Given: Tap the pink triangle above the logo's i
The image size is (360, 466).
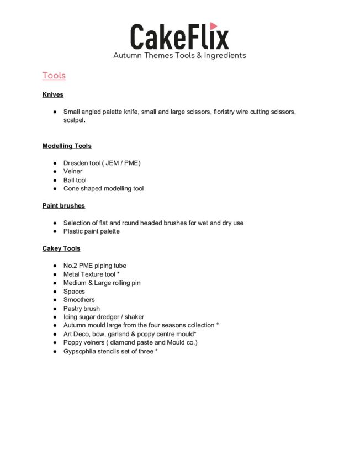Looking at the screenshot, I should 214,25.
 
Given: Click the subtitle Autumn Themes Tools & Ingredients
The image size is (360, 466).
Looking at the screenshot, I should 179,56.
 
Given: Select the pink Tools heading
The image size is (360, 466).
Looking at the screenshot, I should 54,76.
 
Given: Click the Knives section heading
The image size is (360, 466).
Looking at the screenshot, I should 53,95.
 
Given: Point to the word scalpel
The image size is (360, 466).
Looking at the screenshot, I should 74,120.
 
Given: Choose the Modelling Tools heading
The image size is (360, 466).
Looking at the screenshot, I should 67,146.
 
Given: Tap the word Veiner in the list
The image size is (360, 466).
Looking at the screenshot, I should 73,172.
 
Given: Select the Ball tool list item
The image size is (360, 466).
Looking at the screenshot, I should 75,180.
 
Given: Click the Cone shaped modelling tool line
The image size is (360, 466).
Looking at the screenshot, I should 103,189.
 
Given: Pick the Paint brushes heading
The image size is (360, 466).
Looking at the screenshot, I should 63,206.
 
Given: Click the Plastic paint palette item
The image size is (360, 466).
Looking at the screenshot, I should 91,231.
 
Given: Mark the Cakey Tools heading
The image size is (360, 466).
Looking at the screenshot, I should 61,248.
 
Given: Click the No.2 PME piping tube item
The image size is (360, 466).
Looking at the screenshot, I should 95,266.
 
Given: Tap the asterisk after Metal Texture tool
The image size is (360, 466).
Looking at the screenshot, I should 119,274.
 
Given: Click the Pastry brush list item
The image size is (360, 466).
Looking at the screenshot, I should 82,309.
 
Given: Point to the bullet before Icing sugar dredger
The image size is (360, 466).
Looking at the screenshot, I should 55,317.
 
